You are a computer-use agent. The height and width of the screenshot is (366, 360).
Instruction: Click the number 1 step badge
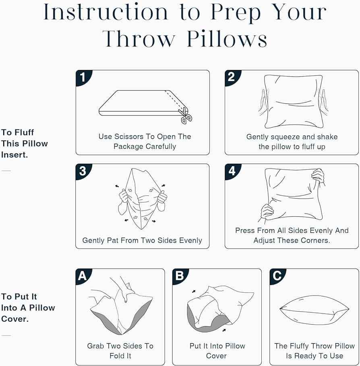pyautogui.click(x=83, y=77)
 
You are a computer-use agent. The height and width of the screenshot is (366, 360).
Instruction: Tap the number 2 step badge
pyautogui.click(x=232, y=77)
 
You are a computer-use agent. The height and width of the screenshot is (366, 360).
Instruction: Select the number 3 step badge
pyautogui.click(x=83, y=171)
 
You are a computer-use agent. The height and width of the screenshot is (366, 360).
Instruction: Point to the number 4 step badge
pyautogui.click(x=232, y=171)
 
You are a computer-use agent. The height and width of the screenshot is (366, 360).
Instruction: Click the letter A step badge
pyautogui.click(x=83, y=276)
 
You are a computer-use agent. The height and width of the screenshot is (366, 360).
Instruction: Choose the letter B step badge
pyautogui.click(x=179, y=276)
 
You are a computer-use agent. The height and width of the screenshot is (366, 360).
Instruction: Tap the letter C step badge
pyautogui.click(x=277, y=276)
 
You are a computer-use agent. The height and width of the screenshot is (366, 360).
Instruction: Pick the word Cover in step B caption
pyautogui.click(x=216, y=356)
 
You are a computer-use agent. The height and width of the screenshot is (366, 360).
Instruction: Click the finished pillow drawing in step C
pyautogui.click(x=314, y=310)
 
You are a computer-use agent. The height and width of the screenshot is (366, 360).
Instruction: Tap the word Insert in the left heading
pyautogui.click(x=14, y=155)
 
